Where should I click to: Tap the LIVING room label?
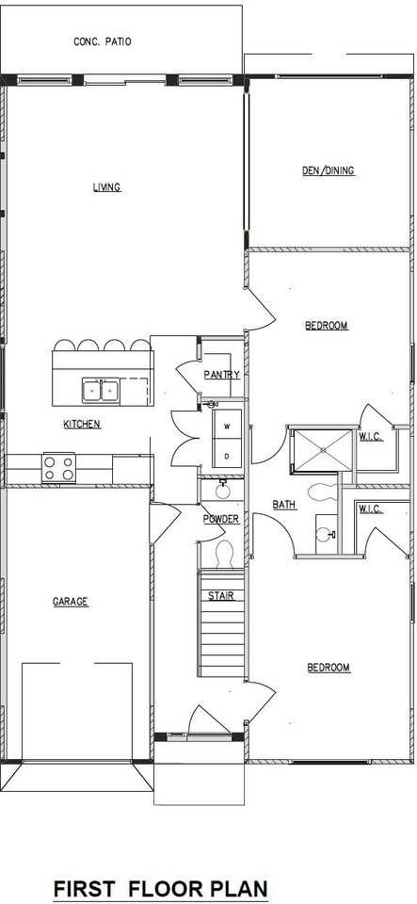pyautogui.click(x=106, y=186)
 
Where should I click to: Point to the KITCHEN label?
pyautogui.click(x=82, y=425)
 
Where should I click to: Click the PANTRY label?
pyautogui.click(x=221, y=375)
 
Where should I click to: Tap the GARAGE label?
pyautogui.click(x=71, y=601)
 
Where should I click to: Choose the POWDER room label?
pyautogui.click(x=221, y=519)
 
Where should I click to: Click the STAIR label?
pyautogui.click(x=221, y=595)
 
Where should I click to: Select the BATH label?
pyautogui.click(x=284, y=505)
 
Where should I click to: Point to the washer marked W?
pyautogui.click(x=227, y=427)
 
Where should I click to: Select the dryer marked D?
pyautogui.click(x=227, y=457)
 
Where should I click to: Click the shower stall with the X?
pyautogui.click(x=320, y=450)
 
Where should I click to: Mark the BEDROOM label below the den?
pyautogui.click(x=327, y=326)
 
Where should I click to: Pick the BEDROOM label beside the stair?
pyautogui.click(x=329, y=668)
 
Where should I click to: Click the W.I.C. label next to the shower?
pyautogui.click(x=370, y=436)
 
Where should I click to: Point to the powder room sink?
pyautogui.click(x=222, y=490)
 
